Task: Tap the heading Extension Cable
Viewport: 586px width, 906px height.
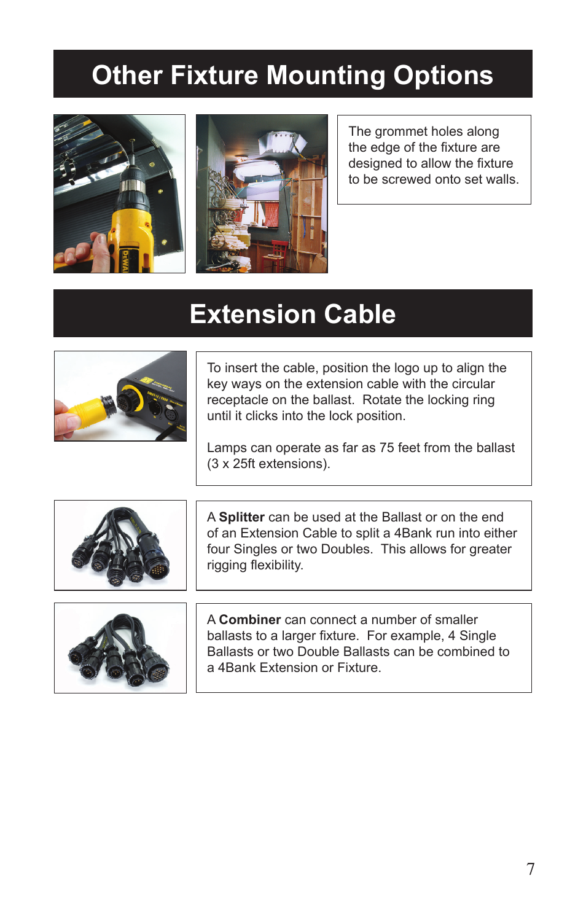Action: click(x=292, y=314)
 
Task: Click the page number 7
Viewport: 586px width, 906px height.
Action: click(x=531, y=869)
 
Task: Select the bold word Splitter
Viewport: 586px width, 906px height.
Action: click(x=241, y=517)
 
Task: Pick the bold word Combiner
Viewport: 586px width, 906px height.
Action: click(x=249, y=620)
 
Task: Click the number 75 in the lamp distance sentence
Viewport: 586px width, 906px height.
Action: click(x=386, y=448)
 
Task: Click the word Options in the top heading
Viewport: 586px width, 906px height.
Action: click(x=443, y=76)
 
